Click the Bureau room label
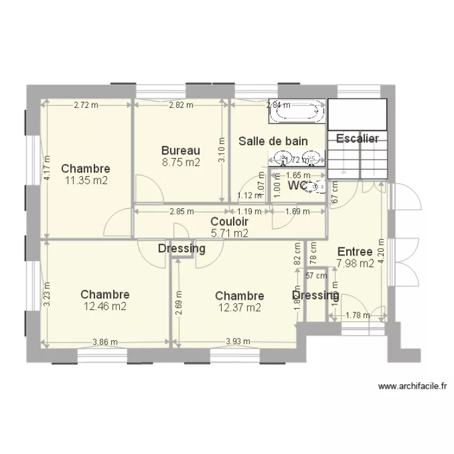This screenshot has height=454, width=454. pos(180,150)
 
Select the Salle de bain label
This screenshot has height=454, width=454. pos(273,141)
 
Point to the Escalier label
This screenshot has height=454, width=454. pos(357,139)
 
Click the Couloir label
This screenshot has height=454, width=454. pos(229,222)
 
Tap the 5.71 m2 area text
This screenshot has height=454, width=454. pos(229,232)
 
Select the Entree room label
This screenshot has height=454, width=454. pos(355,252)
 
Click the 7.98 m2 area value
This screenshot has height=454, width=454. pos(355,263)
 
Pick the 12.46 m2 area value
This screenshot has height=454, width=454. pos(105,306)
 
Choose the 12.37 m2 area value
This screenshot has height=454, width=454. pos(239,307)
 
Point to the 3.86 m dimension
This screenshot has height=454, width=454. pos(105,341)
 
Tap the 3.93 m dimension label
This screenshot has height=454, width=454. pos(238,341)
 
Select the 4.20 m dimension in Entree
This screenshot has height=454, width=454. pos(381,254)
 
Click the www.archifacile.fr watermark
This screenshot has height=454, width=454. pos(412,386)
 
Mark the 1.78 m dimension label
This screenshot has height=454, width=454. pos(358,315)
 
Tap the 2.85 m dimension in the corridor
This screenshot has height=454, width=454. pos(182,211)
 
